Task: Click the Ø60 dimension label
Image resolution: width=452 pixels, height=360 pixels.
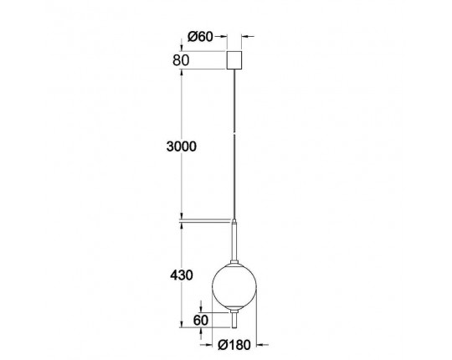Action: pyautogui.click(x=200, y=37)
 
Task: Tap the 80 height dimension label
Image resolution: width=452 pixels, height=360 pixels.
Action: pyautogui.click(x=181, y=60)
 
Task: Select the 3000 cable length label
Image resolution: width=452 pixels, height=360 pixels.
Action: pyautogui.click(x=182, y=147)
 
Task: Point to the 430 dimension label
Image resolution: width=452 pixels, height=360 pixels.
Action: pyautogui.click(x=182, y=275)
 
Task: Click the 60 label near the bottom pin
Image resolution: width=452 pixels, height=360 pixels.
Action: pyautogui.click(x=201, y=320)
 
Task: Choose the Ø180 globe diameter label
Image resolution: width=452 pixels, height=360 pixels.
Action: pyautogui.click(x=234, y=345)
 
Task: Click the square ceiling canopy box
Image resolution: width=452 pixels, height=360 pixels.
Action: pyautogui.click(x=234, y=60)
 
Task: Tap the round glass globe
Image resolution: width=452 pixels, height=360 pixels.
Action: pyautogui.click(x=234, y=285)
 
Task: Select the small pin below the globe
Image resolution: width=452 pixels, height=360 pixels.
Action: pyautogui.click(x=234, y=321)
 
